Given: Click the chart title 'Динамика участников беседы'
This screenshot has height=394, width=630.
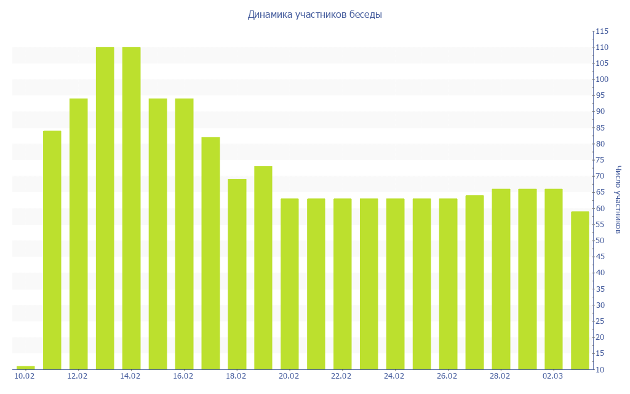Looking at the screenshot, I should coord(314,15).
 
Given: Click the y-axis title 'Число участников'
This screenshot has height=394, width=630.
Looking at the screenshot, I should coord(618,199).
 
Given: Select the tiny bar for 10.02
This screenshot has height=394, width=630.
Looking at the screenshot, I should coord(25,368).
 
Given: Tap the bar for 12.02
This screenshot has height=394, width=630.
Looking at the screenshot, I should coord(78,234).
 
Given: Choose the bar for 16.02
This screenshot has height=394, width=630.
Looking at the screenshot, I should coord(184,234).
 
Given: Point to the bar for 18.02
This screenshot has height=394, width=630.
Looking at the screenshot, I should coord(237,274).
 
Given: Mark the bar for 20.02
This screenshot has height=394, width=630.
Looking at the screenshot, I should coord(289,284).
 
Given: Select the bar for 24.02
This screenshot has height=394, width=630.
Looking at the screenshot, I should coord(395,284).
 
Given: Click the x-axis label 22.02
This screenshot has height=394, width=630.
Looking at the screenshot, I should coord(341,376).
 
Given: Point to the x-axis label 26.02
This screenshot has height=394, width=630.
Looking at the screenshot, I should coord(447,376).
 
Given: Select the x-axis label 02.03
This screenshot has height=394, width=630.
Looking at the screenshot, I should coord(552,376).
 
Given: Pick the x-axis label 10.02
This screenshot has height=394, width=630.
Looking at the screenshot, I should coord(25,376).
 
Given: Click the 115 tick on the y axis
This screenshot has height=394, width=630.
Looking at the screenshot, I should coord(601,31).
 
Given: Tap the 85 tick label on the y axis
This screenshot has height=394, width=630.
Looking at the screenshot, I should coord(601,128).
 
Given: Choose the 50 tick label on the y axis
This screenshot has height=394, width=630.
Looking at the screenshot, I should coord(601,241).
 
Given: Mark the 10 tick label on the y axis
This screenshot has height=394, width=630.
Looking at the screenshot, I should coord(601,369).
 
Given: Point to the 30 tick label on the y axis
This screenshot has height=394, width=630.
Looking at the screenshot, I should coord(601,305).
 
